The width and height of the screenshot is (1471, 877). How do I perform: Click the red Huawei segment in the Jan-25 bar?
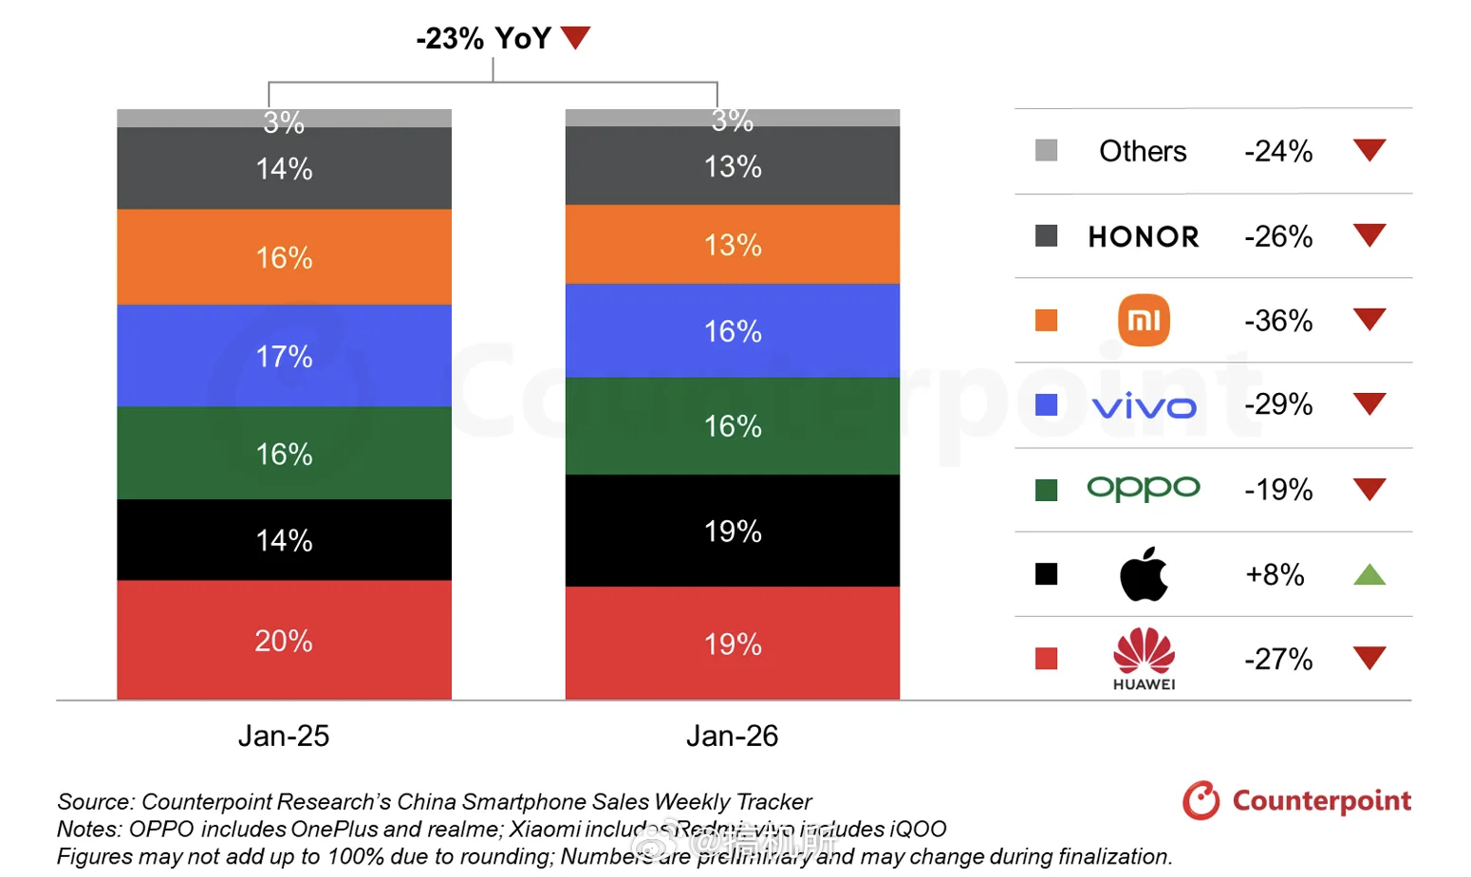point(284,640)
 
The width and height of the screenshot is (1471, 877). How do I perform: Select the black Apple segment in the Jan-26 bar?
point(732,531)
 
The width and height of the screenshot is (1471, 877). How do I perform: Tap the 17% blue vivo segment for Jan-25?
point(284,356)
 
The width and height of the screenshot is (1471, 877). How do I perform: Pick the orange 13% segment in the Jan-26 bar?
point(732,245)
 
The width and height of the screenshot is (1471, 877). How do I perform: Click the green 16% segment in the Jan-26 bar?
point(732,426)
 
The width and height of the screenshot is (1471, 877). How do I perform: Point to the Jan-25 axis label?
point(284,736)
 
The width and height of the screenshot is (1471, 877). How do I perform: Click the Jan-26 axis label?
point(732,736)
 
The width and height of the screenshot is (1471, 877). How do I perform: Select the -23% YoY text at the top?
point(483,38)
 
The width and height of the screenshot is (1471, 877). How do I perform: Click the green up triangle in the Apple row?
point(1369,574)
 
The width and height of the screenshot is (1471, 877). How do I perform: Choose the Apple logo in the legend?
point(1144,574)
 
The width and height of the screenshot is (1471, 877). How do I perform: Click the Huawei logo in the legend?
point(1144,658)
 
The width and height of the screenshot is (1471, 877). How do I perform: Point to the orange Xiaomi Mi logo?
point(1144,321)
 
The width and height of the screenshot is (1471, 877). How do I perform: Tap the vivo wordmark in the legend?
point(1144,407)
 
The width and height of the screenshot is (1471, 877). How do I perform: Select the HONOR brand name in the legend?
point(1144,236)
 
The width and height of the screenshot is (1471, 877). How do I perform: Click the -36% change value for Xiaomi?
point(1278,321)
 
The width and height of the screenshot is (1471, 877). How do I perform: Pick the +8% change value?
point(1275,574)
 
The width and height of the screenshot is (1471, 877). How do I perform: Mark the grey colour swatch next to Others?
point(1046,150)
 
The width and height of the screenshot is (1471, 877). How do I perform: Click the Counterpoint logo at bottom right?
point(1296,801)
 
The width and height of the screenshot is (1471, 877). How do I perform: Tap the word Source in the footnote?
point(94,802)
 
